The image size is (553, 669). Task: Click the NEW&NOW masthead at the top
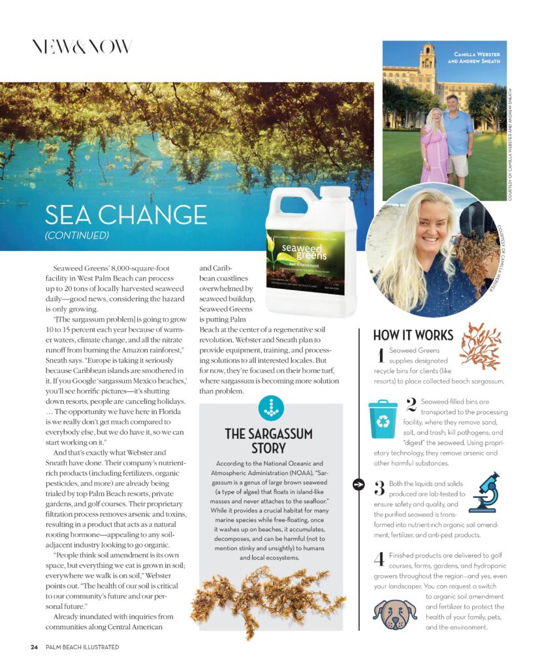point(82,46)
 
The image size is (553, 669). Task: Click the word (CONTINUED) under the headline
point(77,235)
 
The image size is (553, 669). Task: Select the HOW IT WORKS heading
point(413,336)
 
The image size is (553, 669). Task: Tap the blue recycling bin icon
point(383,419)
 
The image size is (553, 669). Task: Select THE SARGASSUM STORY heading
point(268,441)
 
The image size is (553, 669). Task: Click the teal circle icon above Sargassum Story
point(271,408)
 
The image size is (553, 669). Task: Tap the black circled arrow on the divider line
point(358,484)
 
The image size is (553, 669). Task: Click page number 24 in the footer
point(34,647)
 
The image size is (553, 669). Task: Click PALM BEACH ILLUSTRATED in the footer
point(82,647)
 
